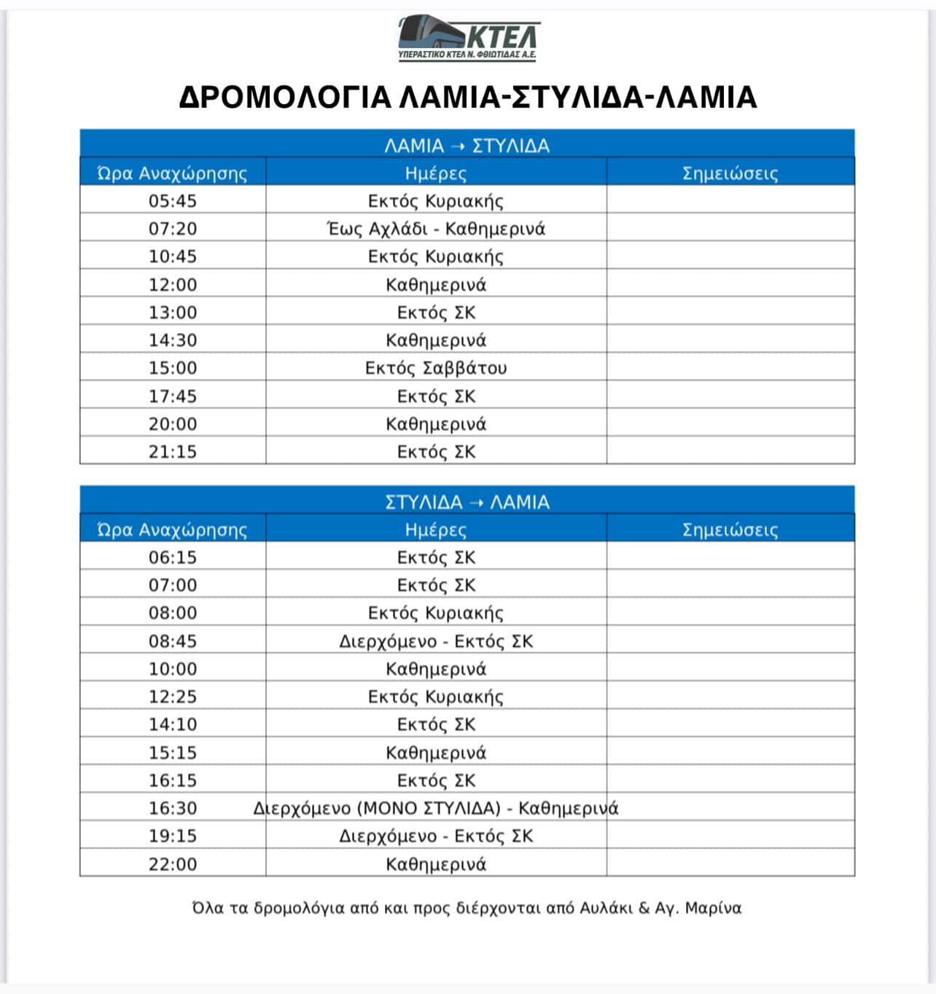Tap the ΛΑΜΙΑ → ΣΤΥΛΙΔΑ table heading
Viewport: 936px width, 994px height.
tap(467, 146)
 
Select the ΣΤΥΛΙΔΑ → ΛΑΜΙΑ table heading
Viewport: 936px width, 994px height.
tap(467, 502)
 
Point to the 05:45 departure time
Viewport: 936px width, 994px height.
tap(173, 201)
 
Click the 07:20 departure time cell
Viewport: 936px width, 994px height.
tap(173, 229)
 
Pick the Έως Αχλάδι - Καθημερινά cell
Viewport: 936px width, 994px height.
tap(436, 229)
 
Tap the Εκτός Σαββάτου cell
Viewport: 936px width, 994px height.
tap(436, 368)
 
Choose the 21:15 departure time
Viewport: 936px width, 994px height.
tap(173, 452)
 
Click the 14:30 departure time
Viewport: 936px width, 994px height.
tap(173, 340)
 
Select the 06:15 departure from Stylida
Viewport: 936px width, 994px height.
tap(173, 557)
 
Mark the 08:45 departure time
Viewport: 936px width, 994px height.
tap(173, 641)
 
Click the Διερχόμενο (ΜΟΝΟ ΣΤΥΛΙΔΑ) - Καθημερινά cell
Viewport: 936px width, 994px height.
tap(436, 808)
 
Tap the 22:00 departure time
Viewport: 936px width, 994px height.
tap(173, 864)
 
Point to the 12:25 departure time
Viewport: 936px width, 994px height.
tap(173, 697)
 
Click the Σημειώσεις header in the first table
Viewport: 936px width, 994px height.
tap(730, 173)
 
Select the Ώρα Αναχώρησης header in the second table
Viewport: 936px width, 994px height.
tap(173, 530)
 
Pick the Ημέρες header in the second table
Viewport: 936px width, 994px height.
tap(436, 530)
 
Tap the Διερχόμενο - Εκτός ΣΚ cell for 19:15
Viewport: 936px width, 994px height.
tap(436, 836)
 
